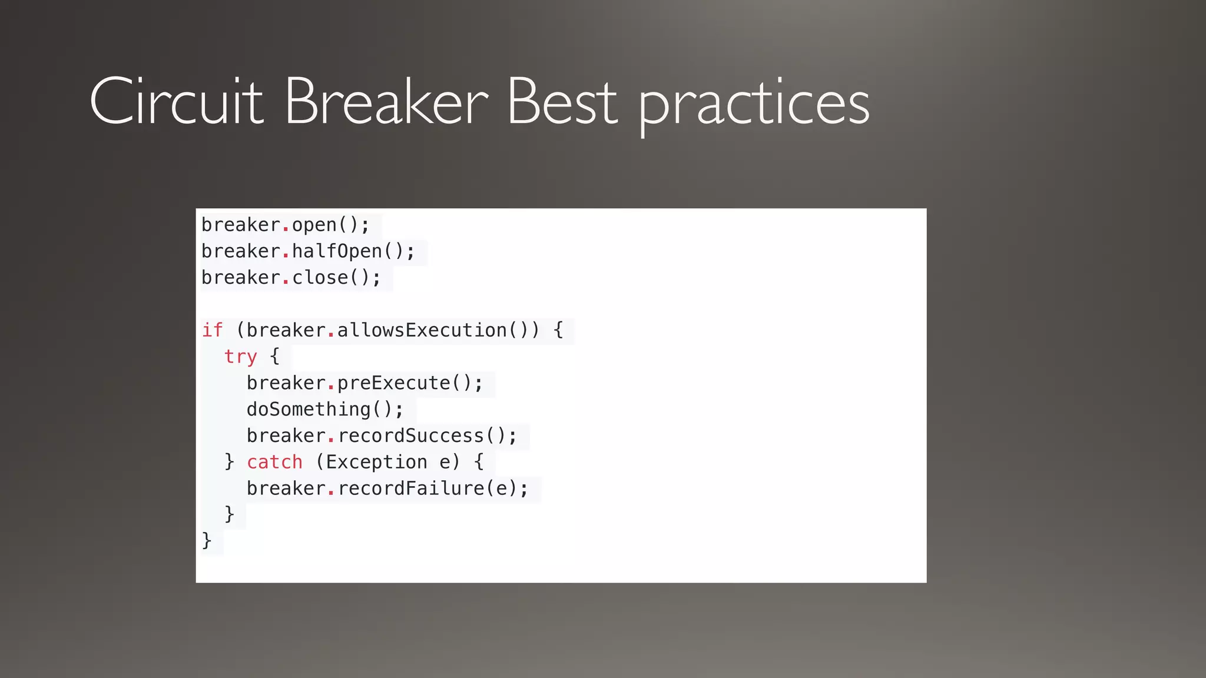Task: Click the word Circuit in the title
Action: (x=176, y=102)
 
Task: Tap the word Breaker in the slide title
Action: (x=386, y=102)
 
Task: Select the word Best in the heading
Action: (x=562, y=102)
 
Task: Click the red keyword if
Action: (x=213, y=330)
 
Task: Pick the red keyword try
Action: (x=240, y=357)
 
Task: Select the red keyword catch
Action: (x=274, y=462)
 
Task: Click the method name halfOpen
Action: (x=337, y=251)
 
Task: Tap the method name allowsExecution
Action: (x=422, y=330)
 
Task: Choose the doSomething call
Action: (x=309, y=409)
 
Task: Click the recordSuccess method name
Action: (x=410, y=436)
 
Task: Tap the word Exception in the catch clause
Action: (x=377, y=462)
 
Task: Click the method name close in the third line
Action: (x=320, y=277)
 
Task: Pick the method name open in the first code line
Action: (x=314, y=225)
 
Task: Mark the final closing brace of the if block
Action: (x=207, y=540)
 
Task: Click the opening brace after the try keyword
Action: (x=274, y=355)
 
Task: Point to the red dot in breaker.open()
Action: (x=286, y=229)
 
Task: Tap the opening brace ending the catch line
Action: (x=479, y=461)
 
